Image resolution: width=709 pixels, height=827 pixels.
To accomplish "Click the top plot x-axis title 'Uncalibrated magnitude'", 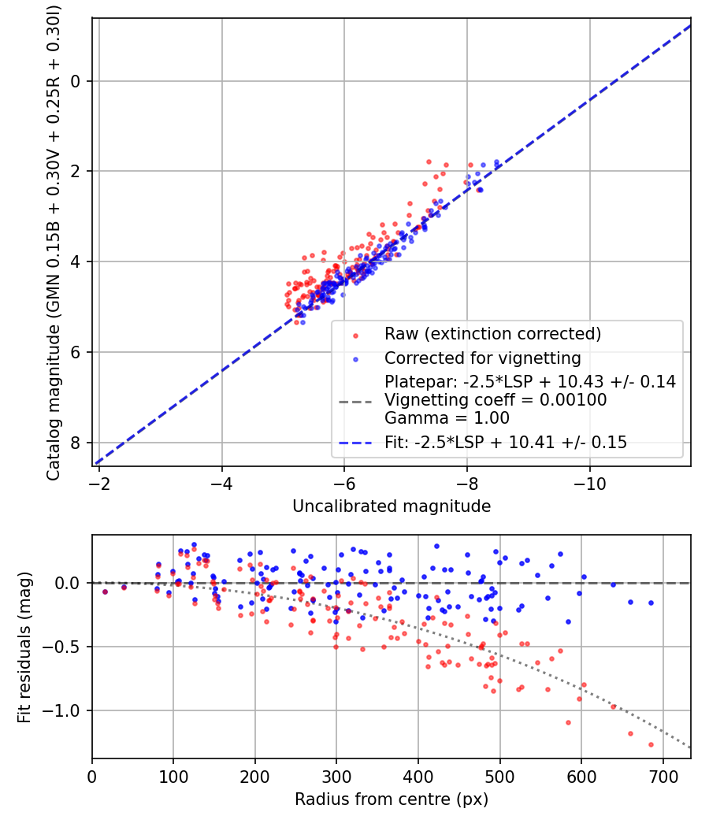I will pyautogui.click(x=392, y=506).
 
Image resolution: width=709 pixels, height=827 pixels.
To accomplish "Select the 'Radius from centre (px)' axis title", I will pyautogui.click(x=392, y=799).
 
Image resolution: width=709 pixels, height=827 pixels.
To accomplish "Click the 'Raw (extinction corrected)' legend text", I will pyautogui.click(x=492, y=333).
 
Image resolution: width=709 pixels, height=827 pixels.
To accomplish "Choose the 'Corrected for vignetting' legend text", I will pyautogui.click(x=483, y=358).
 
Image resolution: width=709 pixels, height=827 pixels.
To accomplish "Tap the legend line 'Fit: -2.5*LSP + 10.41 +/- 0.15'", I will pyautogui.click(x=506, y=443).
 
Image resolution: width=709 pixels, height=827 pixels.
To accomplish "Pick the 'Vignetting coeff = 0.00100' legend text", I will pyautogui.click(x=496, y=400).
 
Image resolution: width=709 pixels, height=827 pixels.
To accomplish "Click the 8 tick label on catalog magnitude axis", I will pyautogui.click(x=76, y=443).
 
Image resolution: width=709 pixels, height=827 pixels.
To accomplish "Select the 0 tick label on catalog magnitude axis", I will pyautogui.click(x=76, y=81).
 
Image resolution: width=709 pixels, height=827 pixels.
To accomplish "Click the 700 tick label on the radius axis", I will pyautogui.click(x=663, y=776).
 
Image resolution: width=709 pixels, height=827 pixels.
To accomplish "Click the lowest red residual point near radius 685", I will pyautogui.click(x=651, y=744).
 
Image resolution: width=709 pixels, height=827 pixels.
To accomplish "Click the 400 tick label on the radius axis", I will pyautogui.click(x=418, y=776).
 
